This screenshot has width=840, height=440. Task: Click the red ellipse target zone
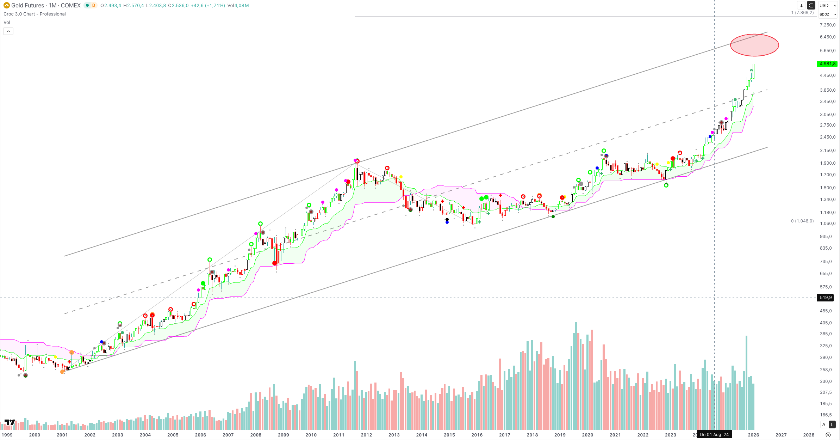tap(754, 45)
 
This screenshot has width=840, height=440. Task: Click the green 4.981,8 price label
tap(827, 64)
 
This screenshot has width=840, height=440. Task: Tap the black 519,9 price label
tap(826, 298)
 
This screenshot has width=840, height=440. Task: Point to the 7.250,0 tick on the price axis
tap(827, 25)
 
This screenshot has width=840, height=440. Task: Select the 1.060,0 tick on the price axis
tap(827, 224)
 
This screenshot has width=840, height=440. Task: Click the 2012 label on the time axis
tap(366, 435)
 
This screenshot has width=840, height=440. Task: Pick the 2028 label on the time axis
tap(809, 435)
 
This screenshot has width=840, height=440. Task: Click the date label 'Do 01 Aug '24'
tap(714, 435)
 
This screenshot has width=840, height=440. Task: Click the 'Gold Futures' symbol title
tap(27, 5)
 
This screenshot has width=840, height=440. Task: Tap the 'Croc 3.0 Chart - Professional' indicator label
tap(35, 14)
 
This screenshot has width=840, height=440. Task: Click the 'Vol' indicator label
tap(7, 22)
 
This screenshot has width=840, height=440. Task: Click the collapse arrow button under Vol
tap(8, 31)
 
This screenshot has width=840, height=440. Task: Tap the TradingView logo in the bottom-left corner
tap(10, 422)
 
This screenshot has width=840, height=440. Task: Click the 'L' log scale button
tap(832, 424)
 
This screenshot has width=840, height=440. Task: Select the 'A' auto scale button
tap(824, 424)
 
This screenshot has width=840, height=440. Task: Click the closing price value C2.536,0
tap(178, 5)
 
